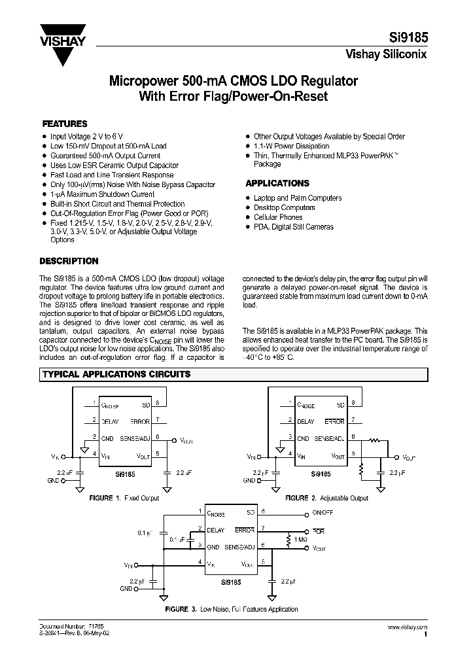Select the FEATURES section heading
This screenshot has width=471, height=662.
(x=65, y=124)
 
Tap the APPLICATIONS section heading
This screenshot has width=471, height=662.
(x=277, y=184)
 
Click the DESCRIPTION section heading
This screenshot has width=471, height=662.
(x=71, y=261)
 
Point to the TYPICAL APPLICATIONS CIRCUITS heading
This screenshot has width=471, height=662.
(x=116, y=374)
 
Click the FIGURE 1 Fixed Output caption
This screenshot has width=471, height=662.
(x=124, y=498)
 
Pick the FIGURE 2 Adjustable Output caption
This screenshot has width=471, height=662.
(x=326, y=498)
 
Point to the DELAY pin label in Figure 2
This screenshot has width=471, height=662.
(x=305, y=422)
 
